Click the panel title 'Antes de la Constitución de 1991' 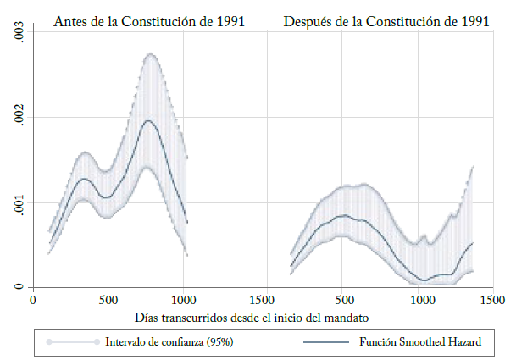[x=149, y=21]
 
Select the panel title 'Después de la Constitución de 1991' [x=386, y=21]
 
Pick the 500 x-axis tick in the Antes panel [x=108, y=300]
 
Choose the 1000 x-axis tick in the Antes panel [x=185, y=300]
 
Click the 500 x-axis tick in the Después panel [x=342, y=300]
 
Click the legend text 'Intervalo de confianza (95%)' [x=169, y=342]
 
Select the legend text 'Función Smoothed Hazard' [x=420, y=342]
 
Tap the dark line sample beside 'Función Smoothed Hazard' [x=325, y=342]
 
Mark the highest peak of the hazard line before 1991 [x=149, y=120]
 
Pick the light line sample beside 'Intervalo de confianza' [x=74, y=342]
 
